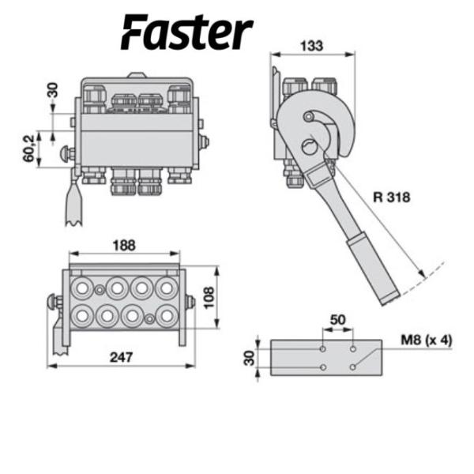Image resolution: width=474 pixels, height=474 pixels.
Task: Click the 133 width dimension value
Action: pyautogui.click(x=312, y=46)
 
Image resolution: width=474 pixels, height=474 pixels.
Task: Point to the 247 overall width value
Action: pyautogui.click(x=122, y=357)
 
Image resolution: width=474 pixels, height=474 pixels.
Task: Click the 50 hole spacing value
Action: pyautogui.click(x=338, y=318)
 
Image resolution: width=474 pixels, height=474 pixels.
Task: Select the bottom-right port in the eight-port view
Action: pyautogui.click(x=166, y=315)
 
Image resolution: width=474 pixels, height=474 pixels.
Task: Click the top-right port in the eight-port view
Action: pyautogui.click(x=166, y=286)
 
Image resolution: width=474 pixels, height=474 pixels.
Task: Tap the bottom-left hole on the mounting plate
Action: pyautogui.click(x=323, y=367)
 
